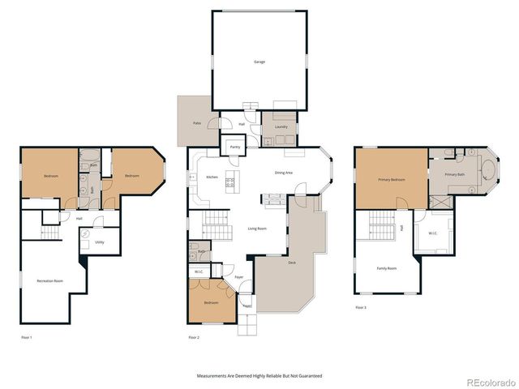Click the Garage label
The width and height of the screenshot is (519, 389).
[x=259, y=62]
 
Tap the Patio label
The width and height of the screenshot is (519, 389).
[x=196, y=123]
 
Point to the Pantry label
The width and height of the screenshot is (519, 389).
[x=235, y=147]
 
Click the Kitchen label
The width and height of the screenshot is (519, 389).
[x=212, y=177]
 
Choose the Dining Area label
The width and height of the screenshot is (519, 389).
[x=284, y=173]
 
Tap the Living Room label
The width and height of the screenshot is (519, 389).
[x=256, y=229]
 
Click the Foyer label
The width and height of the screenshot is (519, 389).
[x=239, y=277]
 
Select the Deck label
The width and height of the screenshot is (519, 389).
[x=291, y=262]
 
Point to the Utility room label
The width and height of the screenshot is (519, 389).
[x=99, y=242]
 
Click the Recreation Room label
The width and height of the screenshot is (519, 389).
[x=50, y=280]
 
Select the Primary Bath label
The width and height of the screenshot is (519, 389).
[x=454, y=174]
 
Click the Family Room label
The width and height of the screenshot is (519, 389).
[x=387, y=268]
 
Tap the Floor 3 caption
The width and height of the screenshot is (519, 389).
[x=361, y=308]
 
